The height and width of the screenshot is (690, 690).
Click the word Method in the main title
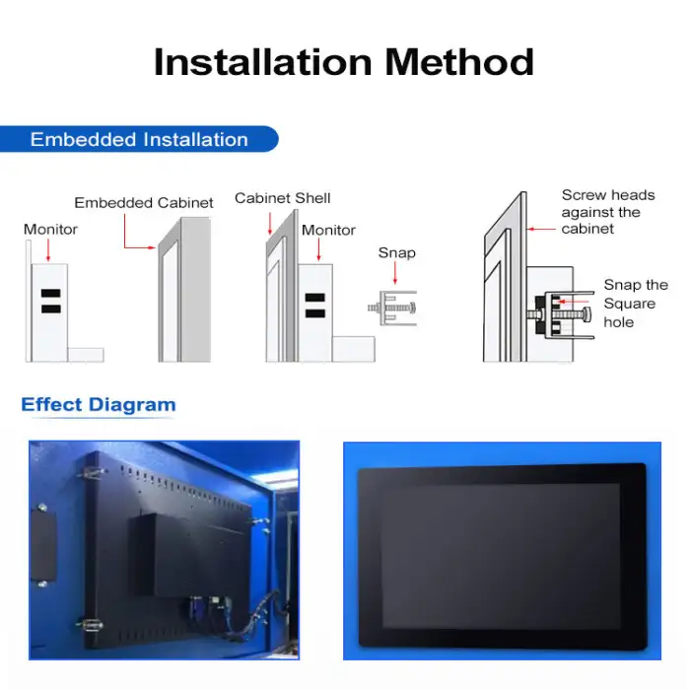(x=459, y=61)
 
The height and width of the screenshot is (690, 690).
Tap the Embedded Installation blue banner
(x=139, y=139)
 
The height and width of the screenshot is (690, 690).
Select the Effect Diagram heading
(x=99, y=404)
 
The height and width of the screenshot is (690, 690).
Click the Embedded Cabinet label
(x=144, y=203)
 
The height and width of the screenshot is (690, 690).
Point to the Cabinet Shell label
(x=283, y=198)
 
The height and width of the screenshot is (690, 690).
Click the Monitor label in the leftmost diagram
(x=50, y=230)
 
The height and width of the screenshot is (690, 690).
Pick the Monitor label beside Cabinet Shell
(x=328, y=230)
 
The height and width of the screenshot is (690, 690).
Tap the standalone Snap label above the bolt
(x=397, y=253)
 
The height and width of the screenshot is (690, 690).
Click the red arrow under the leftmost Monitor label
(x=49, y=250)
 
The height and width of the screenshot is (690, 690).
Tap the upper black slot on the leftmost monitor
(x=49, y=295)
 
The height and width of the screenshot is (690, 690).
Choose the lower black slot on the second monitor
(x=314, y=313)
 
